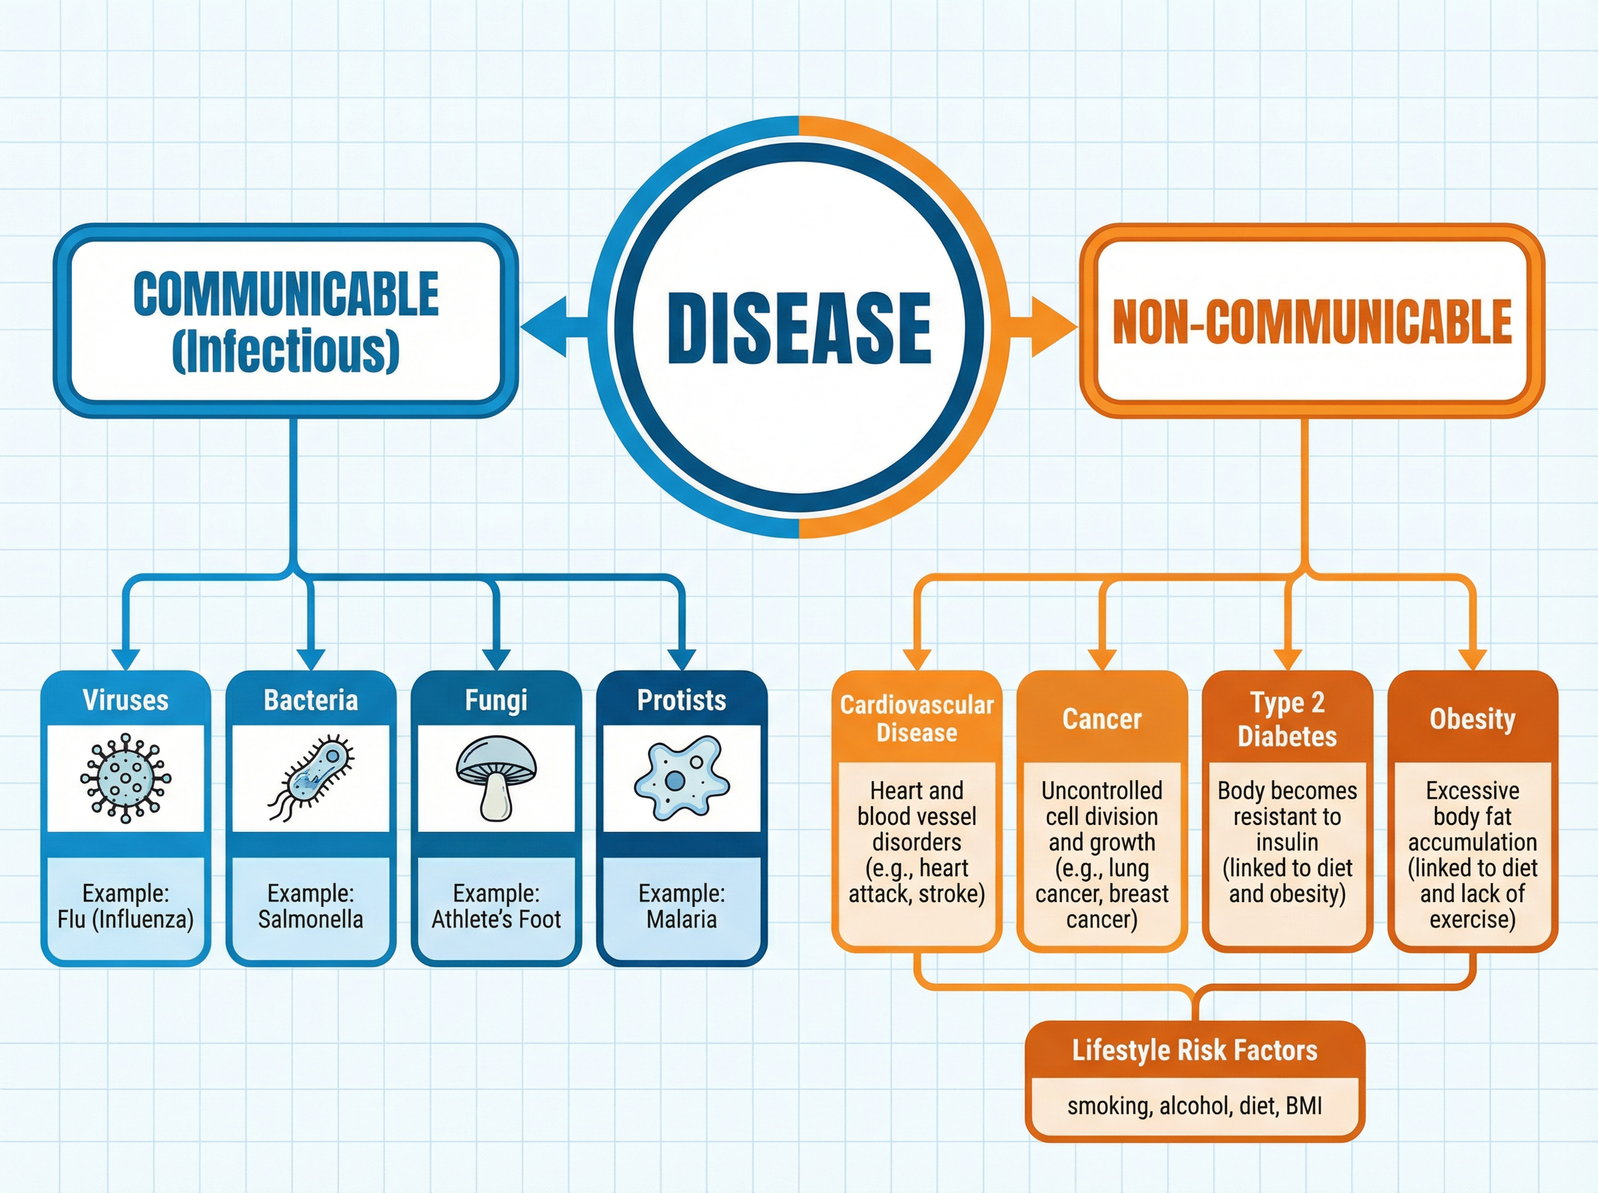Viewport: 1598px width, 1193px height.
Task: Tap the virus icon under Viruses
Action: pos(126,778)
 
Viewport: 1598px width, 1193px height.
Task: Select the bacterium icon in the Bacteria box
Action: pos(311,778)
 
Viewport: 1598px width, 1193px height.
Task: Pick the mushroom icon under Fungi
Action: pos(496,777)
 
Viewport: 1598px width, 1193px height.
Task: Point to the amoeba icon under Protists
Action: pos(681,777)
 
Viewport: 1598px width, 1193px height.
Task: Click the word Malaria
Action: pos(681,919)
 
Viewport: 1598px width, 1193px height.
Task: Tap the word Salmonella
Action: pos(310,919)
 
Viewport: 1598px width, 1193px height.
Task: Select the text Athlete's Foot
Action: pos(496,919)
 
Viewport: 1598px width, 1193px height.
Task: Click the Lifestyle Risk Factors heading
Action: pos(1195,1050)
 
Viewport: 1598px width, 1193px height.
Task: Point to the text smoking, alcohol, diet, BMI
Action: pos(1195,1106)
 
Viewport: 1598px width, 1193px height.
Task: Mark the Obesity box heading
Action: pos(1472,718)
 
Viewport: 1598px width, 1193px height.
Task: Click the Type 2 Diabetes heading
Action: pos(1287,719)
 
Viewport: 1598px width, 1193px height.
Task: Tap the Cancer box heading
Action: pos(1102,718)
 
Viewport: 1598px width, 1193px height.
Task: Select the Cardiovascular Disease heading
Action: pos(916,718)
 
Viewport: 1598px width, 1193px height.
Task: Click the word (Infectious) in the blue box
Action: pos(286,350)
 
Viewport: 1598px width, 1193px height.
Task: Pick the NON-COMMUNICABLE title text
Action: pos(1312,322)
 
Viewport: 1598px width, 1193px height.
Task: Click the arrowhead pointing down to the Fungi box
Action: pos(496,658)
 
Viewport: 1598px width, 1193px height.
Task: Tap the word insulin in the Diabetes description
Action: pos(1287,842)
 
